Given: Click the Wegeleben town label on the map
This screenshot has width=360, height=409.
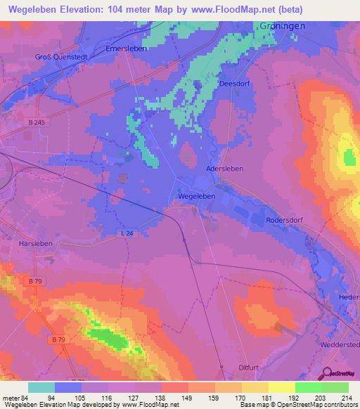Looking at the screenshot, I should tap(196, 197).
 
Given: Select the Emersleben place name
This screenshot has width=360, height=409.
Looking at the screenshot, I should tap(126, 50).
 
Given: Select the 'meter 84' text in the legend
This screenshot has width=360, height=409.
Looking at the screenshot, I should tap(13, 398).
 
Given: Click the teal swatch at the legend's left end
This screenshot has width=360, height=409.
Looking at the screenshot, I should tap(41, 387).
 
